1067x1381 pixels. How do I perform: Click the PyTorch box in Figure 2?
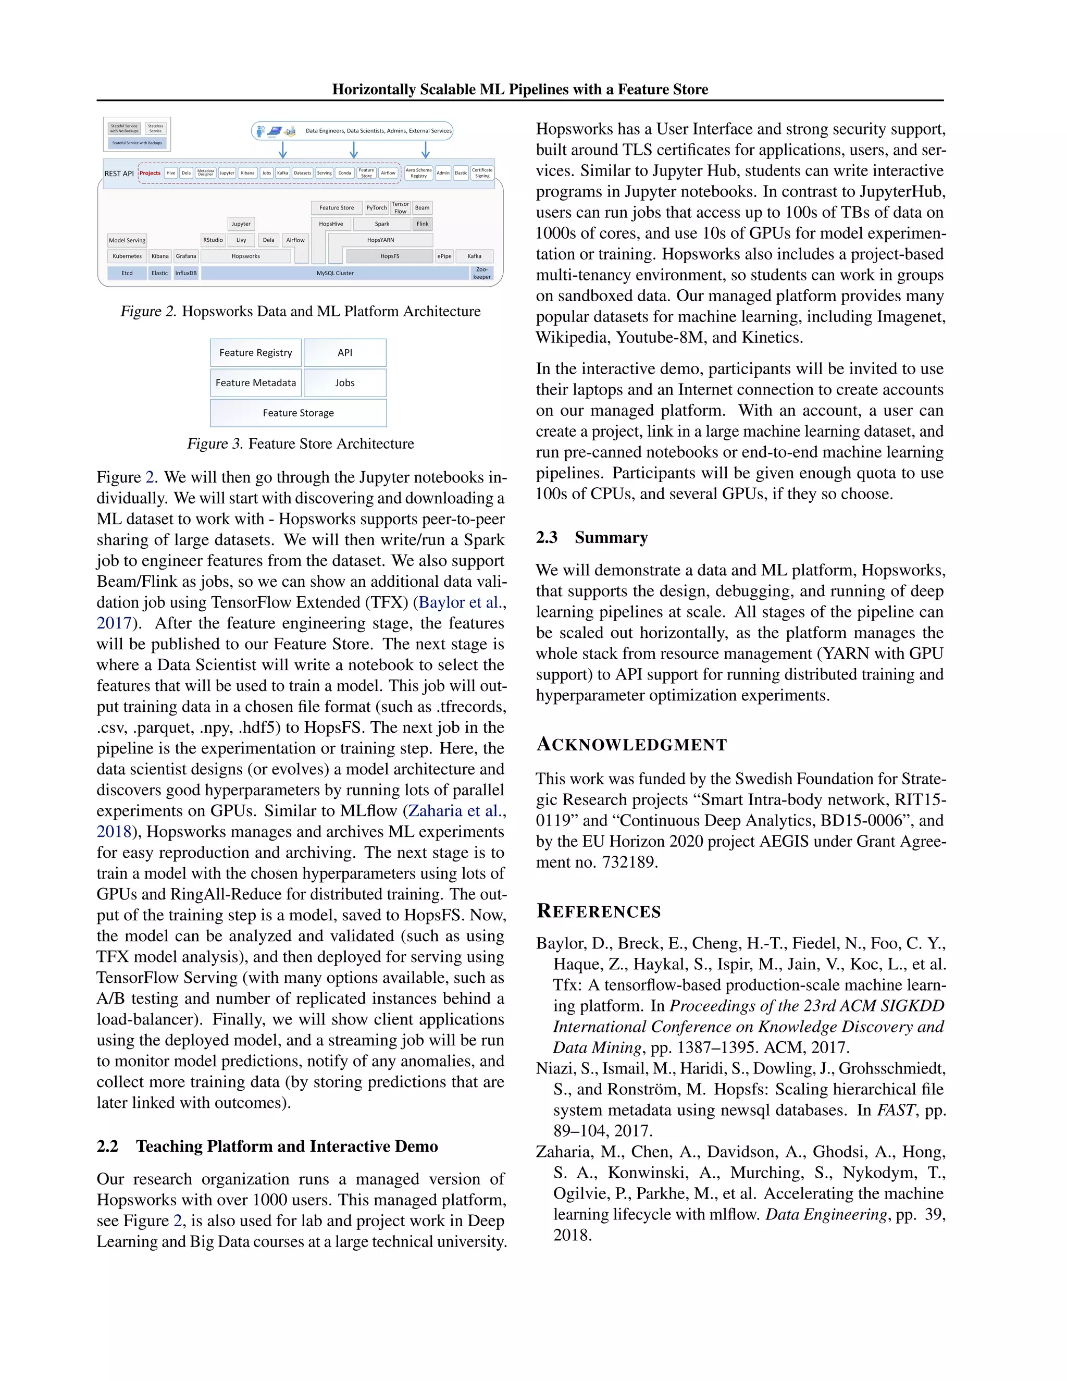tap(377, 207)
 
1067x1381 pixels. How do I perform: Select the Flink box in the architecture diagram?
tap(422, 224)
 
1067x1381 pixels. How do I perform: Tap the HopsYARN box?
tap(380, 240)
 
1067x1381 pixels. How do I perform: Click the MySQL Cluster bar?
tap(335, 273)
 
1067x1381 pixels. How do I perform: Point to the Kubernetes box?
tap(127, 256)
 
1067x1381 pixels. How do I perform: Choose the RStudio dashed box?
tap(213, 240)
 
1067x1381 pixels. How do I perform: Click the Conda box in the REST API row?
tap(344, 172)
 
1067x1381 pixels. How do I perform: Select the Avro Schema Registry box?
tap(418, 172)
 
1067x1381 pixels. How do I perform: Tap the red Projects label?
tap(150, 172)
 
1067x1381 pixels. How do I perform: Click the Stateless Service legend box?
tap(155, 128)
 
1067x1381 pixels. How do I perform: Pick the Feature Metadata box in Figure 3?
tap(255, 383)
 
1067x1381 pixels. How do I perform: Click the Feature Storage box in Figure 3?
tap(299, 413)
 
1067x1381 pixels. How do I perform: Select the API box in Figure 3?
tap(344, 353)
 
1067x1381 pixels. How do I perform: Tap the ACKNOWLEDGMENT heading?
tap(631, 745)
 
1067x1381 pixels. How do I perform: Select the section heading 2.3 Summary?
tap(592, 537)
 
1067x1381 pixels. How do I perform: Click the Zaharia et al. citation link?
tap(456, 811)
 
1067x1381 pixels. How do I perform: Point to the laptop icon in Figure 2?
tap(275, 130)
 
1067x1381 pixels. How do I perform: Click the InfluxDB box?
tap(186, 273)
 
